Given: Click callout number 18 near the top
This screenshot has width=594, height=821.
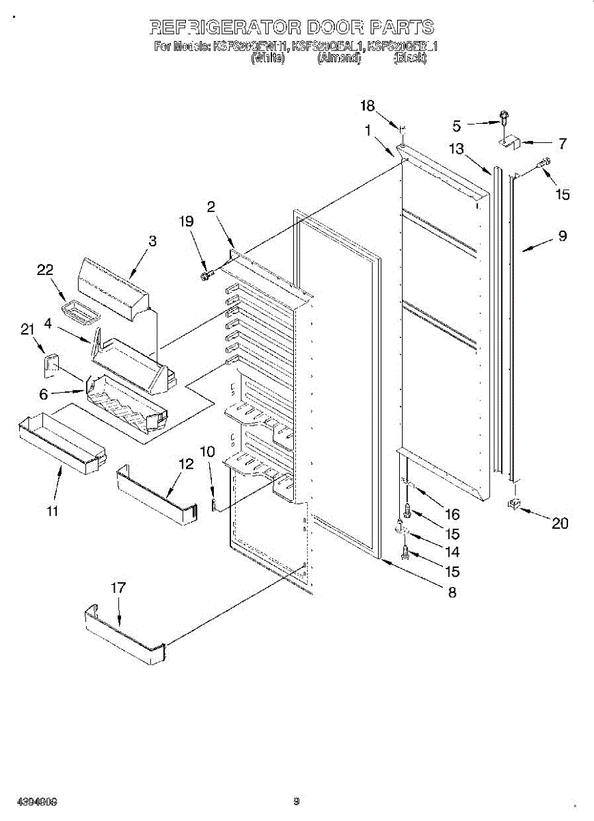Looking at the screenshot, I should pos(368,105).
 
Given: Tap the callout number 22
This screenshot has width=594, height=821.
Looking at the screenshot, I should pos(45,270).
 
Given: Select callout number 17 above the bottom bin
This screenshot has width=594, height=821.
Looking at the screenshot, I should pos(118,588).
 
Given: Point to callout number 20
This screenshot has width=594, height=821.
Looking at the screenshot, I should pos(560,523).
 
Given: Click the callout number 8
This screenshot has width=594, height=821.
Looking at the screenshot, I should pos(452,592).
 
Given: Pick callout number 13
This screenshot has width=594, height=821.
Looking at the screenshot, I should pos(456,149).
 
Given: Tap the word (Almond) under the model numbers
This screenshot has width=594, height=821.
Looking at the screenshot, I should pos(338,59).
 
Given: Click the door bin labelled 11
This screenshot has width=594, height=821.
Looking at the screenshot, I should pos(60,445).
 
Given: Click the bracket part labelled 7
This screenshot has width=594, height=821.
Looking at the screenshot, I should pos(509,143).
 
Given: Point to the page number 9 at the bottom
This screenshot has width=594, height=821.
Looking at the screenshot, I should pos(297,801).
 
